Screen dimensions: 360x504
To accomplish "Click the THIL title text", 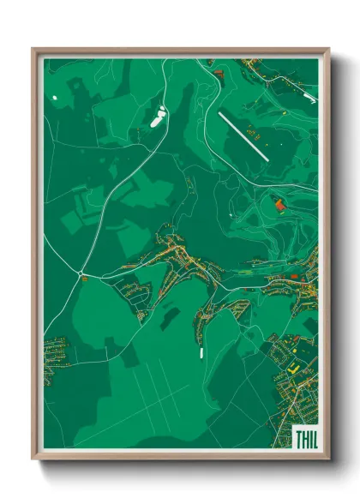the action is click(305, 440).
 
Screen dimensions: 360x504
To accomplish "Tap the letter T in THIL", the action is click(297, 440).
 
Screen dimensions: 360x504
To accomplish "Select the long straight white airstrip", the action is click(243, 135).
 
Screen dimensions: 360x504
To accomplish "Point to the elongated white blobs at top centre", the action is click(159, 117).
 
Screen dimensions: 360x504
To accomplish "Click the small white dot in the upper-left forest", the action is click(55, 98).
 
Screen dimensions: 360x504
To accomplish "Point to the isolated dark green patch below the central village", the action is click(171, 318).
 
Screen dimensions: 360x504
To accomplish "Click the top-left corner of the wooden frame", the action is click(33, 50).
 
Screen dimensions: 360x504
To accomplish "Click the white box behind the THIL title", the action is click(304, 439).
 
